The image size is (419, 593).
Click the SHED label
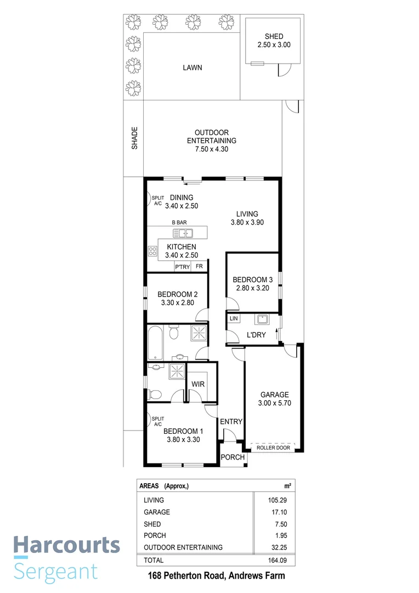pos(274,37)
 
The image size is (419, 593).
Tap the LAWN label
pos(192,68)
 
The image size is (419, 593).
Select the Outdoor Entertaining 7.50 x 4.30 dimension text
pos(211,149)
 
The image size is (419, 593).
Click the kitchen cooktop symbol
pos(152,251)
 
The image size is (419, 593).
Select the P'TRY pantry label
pos(182,267)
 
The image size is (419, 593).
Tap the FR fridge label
pos(199,267)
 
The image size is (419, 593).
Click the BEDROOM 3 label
pos(253,279)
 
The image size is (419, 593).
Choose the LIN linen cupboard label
pos(234,318)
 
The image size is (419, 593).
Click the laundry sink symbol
pos(262,319)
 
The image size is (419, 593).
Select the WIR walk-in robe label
pos(198,384)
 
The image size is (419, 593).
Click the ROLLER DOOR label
pos(273,447)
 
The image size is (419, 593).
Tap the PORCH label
pos(232,457)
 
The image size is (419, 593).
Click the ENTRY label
pos(231,422)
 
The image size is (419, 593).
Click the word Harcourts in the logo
pos(66,545)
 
